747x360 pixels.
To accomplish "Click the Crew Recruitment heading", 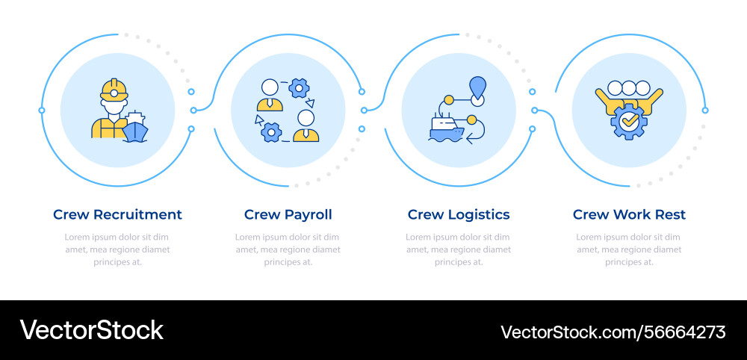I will coord(117,214).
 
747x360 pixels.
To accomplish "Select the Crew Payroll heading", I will coord(288,214).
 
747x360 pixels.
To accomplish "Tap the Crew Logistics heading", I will coord(459,214).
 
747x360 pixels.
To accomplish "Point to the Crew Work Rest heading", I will coord(629,214).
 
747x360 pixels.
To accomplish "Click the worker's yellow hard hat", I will coord(114,90).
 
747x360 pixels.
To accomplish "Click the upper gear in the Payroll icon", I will coord(300,87).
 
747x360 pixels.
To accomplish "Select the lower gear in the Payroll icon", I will coord(270,132).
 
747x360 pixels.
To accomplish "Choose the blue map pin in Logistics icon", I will coord(477,87).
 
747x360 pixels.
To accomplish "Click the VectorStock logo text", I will coord(91,330).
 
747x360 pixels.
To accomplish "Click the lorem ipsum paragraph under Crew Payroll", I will coord(288,249).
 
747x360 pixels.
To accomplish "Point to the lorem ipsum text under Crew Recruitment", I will coord(117,249).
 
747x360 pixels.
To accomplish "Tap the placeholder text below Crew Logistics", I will coord(459,249).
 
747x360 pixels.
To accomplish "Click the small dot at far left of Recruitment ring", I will coord(42,111).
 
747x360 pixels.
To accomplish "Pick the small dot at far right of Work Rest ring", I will coord(705,111).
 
